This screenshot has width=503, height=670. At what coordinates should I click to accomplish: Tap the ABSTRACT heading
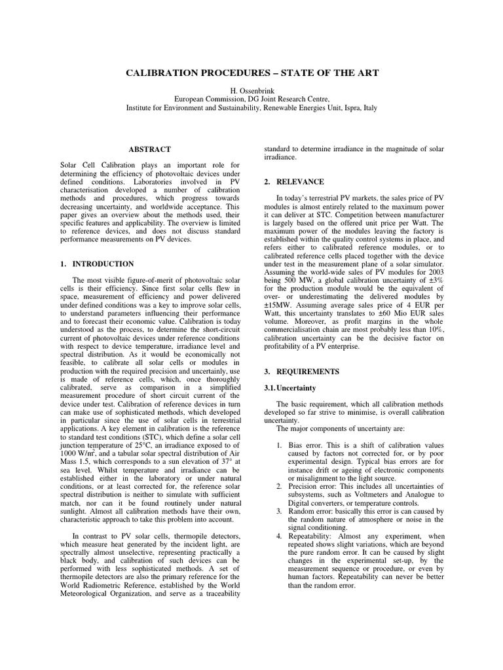pyautogui.click(x=150, y=150)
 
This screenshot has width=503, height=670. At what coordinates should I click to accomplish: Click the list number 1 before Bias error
pyautogui.click(x=279, y=445)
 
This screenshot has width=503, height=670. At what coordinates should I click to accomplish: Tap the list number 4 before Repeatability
pyautogui.click(x=279, y=536)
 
